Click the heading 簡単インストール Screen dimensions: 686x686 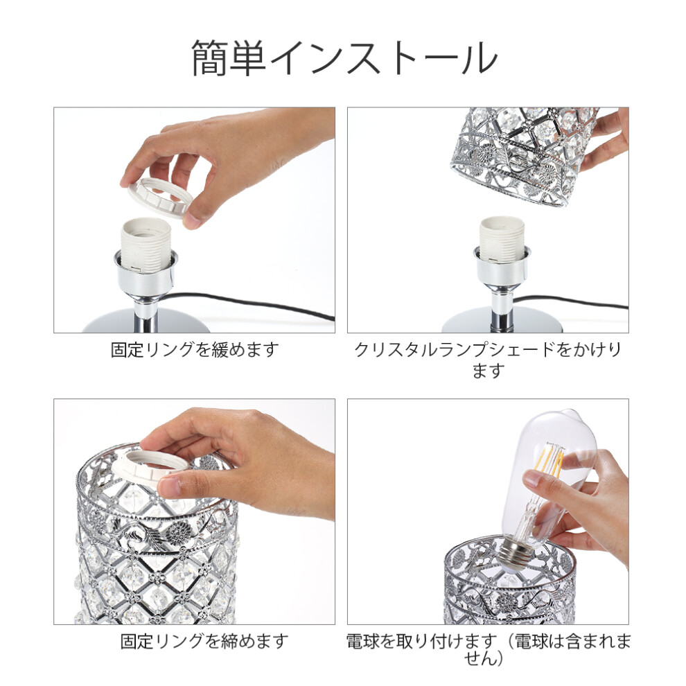[344, 59]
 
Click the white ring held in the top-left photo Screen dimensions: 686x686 [157, 199]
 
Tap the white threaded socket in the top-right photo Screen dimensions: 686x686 [502, 240]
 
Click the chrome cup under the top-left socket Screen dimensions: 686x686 [146, 274]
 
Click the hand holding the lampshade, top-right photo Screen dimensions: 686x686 [607, 139]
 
